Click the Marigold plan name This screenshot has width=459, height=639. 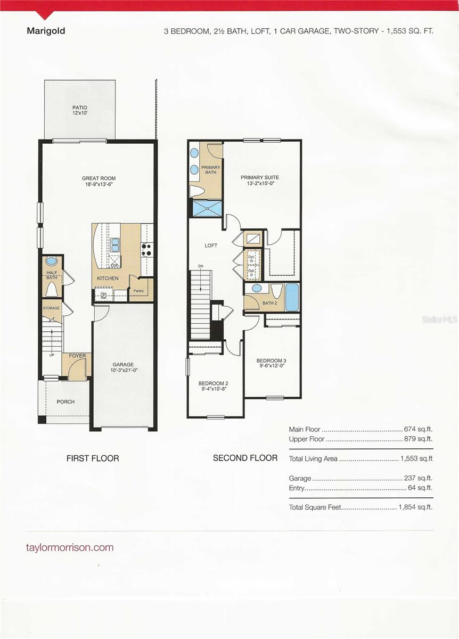(x=46, y=31)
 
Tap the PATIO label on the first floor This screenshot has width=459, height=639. (x=79, y=107)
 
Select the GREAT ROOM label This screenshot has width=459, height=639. (x=99, y=178)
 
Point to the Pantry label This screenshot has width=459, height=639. (x=138, y=291)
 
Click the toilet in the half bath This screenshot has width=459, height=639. (x=52, y=288)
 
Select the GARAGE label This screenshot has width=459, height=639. (x=122, y=365)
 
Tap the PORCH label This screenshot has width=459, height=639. (x=65, y=402)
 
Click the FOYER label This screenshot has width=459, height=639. (x=77, y=356)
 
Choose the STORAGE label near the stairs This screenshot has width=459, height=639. (x=52, y=308)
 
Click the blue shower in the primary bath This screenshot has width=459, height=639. (x=205, y=208)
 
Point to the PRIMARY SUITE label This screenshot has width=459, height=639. (x=259, y=177)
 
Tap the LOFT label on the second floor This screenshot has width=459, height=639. (x=211, y=245)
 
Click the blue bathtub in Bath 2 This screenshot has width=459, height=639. (x=292, y=298)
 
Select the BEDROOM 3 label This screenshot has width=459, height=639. (x=271, y=361)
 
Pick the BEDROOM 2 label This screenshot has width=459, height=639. (x=213, y=383)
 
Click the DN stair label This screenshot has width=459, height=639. (x=201, y=266)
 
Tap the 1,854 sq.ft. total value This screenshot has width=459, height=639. (x=415, y=507)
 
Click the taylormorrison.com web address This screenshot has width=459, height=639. (x=70, y=547)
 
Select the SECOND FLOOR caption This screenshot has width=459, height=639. (x=245, y=458)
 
